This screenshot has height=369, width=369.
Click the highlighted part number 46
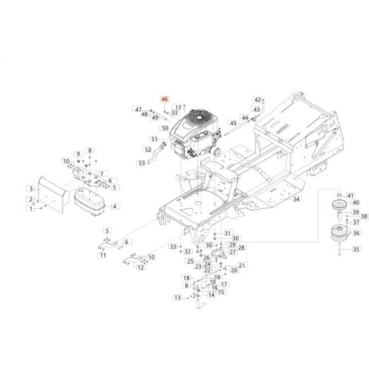coord(165,100)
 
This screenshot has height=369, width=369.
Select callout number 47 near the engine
coord(139,109)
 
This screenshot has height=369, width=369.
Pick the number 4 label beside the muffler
coord(114,207)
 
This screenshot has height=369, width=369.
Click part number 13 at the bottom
coord(176,299)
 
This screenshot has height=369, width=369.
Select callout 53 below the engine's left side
coord(141,163)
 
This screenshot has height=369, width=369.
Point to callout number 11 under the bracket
coord(103,256)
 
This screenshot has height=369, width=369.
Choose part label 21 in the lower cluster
coord(243,265)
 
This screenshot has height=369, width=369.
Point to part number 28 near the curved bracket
coord(242,247)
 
